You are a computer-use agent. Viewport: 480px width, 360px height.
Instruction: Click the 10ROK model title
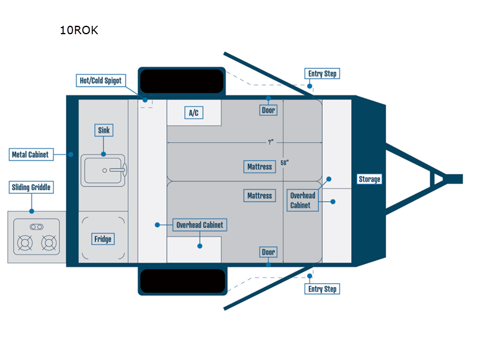pos(79,31)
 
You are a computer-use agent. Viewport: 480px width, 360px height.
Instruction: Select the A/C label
pos(194,113)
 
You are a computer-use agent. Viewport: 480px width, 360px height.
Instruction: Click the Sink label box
pos(104,130)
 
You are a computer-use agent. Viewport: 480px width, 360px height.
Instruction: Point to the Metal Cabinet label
pos(30,155)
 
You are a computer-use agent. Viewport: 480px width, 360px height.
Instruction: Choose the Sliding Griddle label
pos(31,188)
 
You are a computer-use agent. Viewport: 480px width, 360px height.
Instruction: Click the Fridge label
pos(103,239)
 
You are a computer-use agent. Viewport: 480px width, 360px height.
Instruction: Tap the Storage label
pos(369,179)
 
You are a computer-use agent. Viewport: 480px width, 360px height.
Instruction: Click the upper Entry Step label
pos(322,74)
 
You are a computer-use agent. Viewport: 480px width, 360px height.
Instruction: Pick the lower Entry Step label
pos(322,289)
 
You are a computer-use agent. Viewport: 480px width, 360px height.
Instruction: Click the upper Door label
pos(268,110)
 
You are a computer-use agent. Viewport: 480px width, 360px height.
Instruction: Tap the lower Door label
pos(268,252)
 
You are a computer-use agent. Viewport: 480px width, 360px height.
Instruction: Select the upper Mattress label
pos(259,166)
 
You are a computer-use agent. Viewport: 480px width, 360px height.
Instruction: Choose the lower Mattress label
pos(259,196)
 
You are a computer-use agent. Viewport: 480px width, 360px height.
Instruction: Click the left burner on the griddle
pos(25,243)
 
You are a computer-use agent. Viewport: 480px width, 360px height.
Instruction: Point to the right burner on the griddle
pos(49,243)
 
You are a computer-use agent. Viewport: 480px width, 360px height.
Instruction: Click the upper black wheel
pos(182,80)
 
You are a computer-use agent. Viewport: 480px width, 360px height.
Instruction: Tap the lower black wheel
pos(182,281)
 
